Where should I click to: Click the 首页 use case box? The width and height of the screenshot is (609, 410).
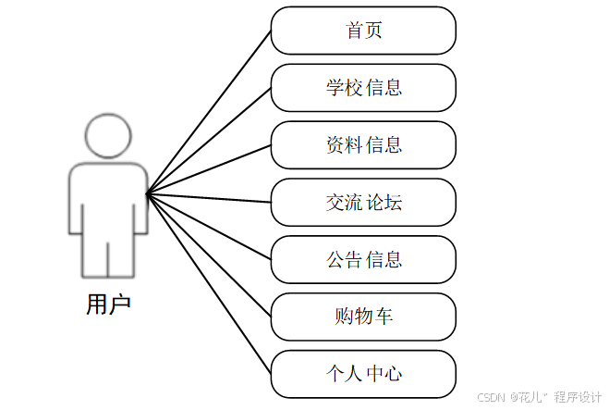click(363, 31)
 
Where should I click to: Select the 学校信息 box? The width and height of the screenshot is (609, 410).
click(363, 88)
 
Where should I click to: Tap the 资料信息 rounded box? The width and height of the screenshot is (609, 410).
click(363, 145)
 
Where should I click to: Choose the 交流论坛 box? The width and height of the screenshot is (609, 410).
click(363, 203)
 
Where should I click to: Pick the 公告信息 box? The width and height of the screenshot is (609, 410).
click(363, 260)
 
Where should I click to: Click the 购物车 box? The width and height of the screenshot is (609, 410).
click(363, 317)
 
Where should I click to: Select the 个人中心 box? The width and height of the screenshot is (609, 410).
click(363, 374)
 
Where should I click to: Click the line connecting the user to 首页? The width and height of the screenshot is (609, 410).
click(209, 112)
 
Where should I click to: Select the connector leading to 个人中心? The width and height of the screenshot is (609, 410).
click(209, 282)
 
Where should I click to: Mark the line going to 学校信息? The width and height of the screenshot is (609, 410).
click(209, 141)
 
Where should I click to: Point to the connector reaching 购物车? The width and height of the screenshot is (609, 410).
click(209, 255)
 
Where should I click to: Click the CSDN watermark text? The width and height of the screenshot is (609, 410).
click(490, 396)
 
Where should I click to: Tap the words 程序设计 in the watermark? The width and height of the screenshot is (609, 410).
click(578, 396)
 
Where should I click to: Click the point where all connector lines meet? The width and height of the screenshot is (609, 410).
click(148, 193)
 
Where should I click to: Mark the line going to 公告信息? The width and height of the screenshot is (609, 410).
click(209, 226)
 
